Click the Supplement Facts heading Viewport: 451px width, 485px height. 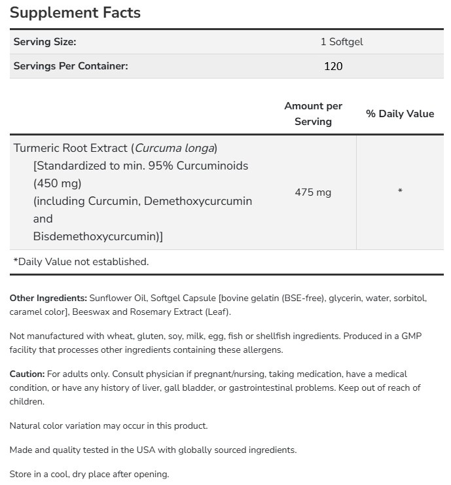coord(75,12)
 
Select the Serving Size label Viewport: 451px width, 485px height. coord(45,42)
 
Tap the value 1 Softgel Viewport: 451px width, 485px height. coord(342,42)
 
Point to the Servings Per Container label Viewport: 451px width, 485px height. coord(71,66)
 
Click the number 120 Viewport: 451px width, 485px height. coord(333,66)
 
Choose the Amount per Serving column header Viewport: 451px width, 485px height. coord(313,114)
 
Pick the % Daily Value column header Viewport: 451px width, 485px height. coord(399,114)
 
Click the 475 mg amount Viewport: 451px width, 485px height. coord(313,192)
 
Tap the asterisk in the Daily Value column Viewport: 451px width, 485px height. coord(399,192)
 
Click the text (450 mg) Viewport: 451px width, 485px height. coord(58,183)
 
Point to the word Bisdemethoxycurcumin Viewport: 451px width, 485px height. coord(96,236)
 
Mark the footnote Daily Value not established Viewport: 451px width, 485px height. coord(81,262)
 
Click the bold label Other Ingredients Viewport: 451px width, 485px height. coord(48,298)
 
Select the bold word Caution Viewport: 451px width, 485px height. coord(27,374)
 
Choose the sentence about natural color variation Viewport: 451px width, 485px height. coord(108,425)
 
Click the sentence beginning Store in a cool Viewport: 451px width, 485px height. coord(89,474)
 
